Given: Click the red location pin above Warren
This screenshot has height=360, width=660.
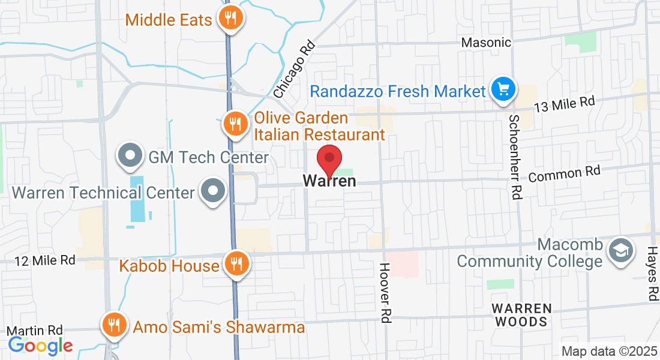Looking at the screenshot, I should click(329, 159).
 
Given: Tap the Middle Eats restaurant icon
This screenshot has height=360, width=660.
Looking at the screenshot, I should click(230, 17).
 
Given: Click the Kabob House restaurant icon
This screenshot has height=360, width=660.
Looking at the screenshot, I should click(235, 263).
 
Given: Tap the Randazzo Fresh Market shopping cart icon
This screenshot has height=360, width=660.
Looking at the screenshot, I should click(502, 90).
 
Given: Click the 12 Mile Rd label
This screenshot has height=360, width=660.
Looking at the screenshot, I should click(45, 260).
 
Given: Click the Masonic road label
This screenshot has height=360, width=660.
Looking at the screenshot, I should click(486, 43).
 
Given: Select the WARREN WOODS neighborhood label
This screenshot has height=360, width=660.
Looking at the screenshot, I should click(521, 315).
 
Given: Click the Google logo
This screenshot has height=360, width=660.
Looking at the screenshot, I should click(40, 345).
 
